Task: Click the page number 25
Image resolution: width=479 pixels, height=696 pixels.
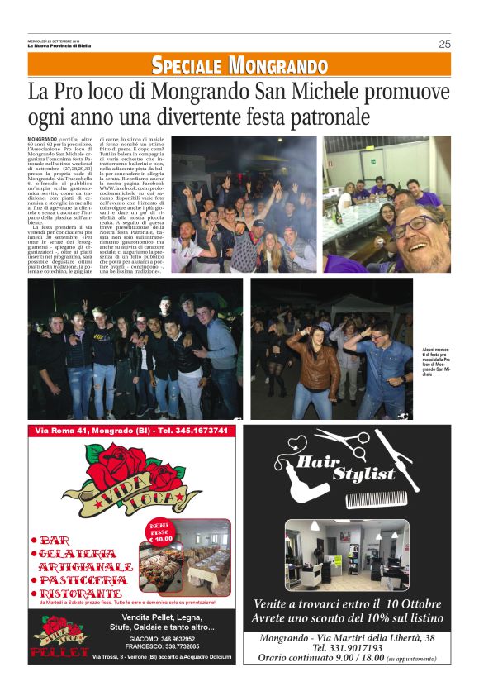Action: coord(444,44)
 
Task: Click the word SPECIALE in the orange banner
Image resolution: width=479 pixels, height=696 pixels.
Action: coord(187,65)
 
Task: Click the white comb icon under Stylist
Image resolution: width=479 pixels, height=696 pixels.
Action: coord(375,498)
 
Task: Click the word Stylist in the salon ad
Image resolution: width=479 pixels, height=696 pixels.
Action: coord(363,474)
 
